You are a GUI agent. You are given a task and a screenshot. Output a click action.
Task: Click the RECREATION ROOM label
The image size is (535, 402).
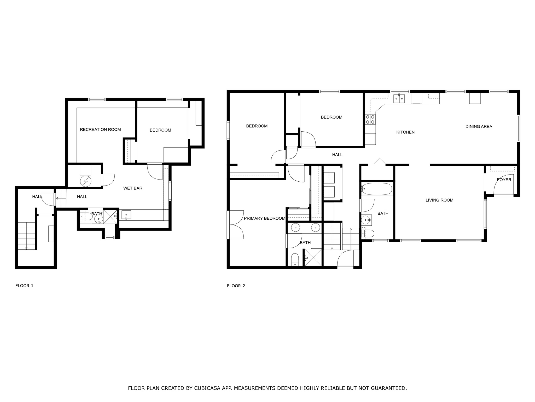[x=100, y=130]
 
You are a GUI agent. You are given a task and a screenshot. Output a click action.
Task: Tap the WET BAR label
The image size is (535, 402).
[x=133, y=188]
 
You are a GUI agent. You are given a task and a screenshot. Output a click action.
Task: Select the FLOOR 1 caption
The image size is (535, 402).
[x=24, y=286]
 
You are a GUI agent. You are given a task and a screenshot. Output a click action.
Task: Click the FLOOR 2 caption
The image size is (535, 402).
[x=236, y=286]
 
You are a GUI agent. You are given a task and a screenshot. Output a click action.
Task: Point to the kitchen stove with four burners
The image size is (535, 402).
[x=370, y=119]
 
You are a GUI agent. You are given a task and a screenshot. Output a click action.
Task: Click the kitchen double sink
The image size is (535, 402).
[x=399, y=99]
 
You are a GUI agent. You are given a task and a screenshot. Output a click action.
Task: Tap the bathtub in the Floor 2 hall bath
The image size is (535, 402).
[x=377, y=189]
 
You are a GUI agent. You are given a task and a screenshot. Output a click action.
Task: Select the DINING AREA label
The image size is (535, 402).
[x=479, y=127]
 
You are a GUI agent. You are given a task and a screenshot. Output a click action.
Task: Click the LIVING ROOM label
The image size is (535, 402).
[x=439, y=200]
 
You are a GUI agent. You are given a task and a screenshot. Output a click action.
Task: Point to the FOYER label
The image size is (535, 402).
[x=504, y=180]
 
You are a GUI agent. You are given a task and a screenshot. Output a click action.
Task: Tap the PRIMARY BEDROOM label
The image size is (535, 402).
[x=264, y=218]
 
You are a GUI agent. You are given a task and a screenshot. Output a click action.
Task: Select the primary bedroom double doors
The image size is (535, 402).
[x=236, y=225]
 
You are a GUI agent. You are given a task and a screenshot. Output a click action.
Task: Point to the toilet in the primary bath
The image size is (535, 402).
[x=295, y=259]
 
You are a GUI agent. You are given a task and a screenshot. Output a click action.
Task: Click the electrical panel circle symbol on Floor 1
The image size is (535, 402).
[x=85, y=181]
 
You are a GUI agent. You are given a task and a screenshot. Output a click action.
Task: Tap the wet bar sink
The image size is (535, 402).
[x=126, y=215]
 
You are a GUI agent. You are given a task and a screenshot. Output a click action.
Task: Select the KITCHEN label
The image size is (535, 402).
[x=405, y=132]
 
